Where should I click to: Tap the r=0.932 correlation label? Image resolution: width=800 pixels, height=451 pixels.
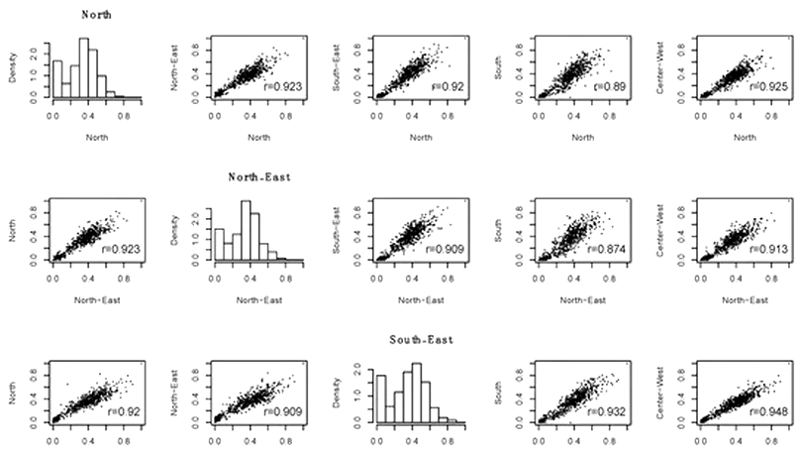click(x=605, y=410)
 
